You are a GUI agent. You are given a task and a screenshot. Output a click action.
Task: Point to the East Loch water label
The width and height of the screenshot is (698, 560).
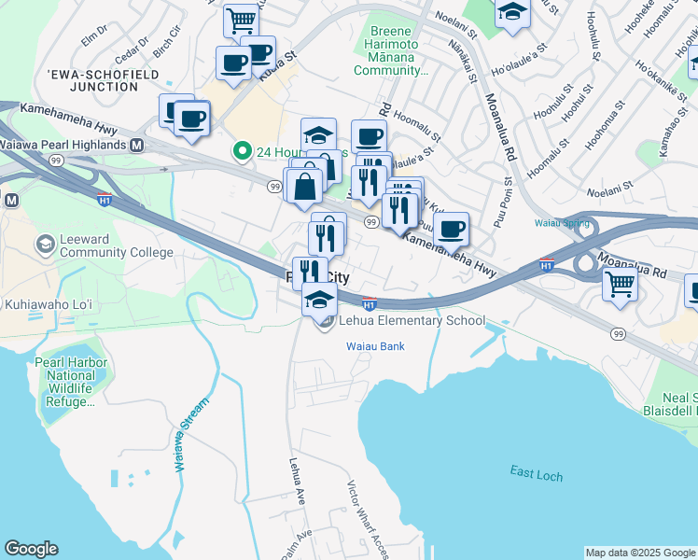(x=537, y=474)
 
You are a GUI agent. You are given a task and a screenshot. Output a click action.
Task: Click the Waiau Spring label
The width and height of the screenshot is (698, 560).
(x=563, y=223)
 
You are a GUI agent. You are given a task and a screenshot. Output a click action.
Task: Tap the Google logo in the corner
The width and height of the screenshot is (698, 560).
(x=31, y=549)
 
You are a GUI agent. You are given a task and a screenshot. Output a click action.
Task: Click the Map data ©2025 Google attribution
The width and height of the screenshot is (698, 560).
(x=640, y=553)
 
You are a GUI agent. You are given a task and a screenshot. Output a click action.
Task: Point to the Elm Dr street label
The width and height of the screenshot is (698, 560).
(x=95, y=36)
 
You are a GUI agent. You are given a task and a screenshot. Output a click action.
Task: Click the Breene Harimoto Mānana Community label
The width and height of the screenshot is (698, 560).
(x=393, y=50)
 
